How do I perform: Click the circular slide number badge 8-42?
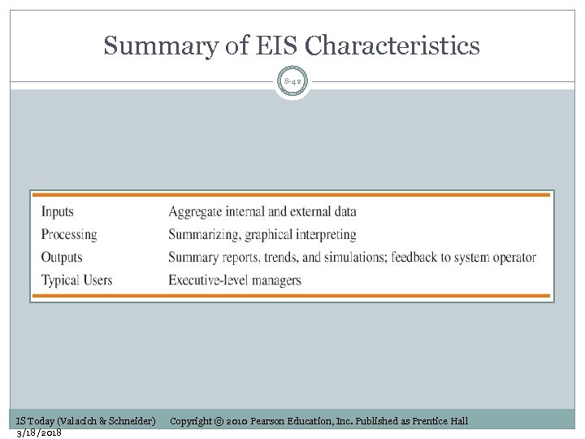point(292,81)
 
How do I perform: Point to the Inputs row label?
point(58,212)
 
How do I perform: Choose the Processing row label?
point(69,235)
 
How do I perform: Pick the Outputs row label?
point(62,258)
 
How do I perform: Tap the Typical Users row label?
point(76,280)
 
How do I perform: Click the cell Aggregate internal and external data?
point(262,212)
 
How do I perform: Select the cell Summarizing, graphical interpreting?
point(262,235)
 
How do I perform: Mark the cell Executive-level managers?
point(235,280)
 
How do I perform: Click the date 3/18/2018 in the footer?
point(39,432)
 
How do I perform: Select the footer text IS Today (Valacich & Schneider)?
point(86,420)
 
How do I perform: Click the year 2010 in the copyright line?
point(236,420)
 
